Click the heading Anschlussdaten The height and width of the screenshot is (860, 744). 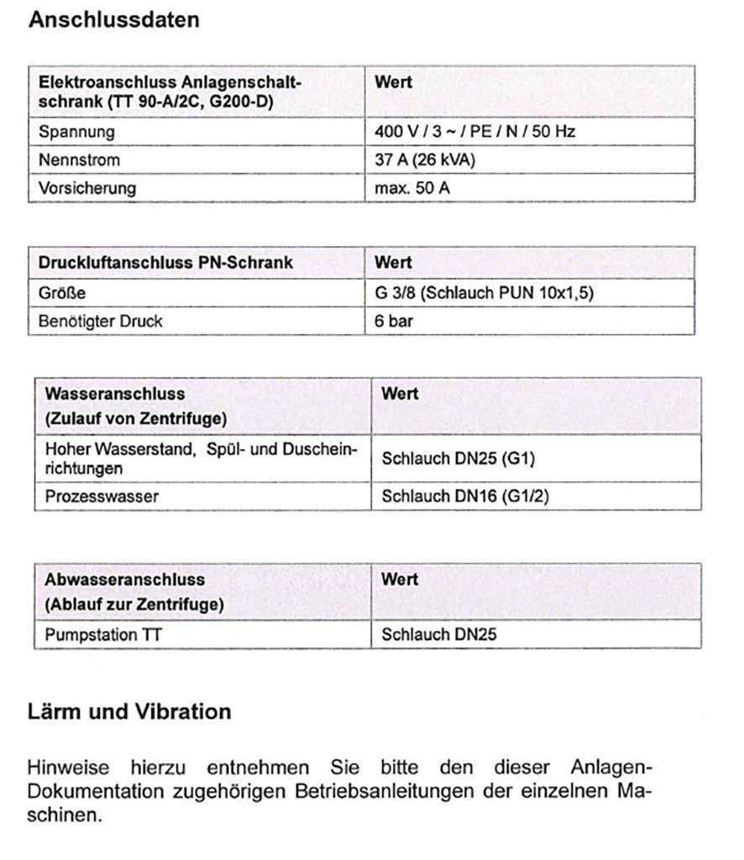click(114, 20)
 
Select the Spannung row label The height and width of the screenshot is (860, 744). click(76, 132)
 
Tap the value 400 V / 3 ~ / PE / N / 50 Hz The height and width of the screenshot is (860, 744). click(474, 132)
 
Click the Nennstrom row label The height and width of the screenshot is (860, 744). click(79, 160)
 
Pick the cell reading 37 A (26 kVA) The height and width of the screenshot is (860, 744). click(425, 160)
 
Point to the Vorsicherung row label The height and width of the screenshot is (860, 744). click(87, 187)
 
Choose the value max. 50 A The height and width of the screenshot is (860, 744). click(412, 187)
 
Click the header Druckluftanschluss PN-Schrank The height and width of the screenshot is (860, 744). click(165, 262)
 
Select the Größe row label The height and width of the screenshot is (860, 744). click(62, 293)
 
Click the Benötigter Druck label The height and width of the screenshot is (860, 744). click(101, 321)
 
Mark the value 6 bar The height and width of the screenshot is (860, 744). click(394, 321)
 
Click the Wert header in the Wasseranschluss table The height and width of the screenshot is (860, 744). click(400, 393)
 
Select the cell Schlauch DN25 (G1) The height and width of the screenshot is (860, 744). click(458, 459)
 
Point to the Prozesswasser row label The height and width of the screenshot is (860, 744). click(102, 496)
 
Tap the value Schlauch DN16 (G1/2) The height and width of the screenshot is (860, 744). click(464, 496)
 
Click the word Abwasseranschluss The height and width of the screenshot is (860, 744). click(124, 579)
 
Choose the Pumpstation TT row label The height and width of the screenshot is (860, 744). click(103, 634)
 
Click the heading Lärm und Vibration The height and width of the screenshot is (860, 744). click(129, 712)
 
